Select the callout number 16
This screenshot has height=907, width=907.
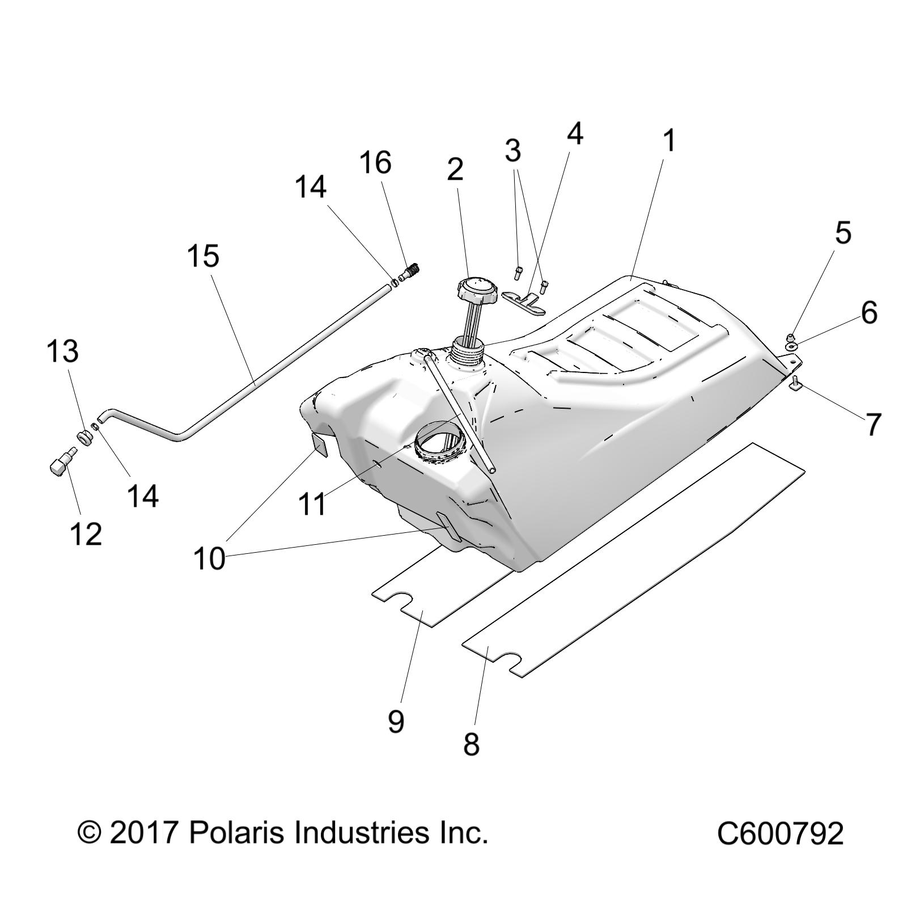pyautogui.click(x=375, y=163)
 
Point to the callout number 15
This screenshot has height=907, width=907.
pyautogui.click(x=203, y=256)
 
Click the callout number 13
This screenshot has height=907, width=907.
pyautogui.click(x=62, y=351)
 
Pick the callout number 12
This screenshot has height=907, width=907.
pyautogui.click(x=86, y=534)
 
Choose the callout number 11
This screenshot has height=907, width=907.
pyautogui.click(x=312, y=503)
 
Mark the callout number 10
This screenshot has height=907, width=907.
pyautogui.click(x=209, y=559)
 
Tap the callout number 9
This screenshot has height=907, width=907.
pyautogui.click(x=396, y=721)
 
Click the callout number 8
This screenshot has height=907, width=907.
pyautogui.click(x=472, y=744)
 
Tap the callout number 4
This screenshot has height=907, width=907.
pyautogui.click(x=575, y=133)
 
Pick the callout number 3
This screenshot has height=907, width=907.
pyautogui.click(x=512, y=151)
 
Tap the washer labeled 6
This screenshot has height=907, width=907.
pyautogui.click(x=791, y=345)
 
